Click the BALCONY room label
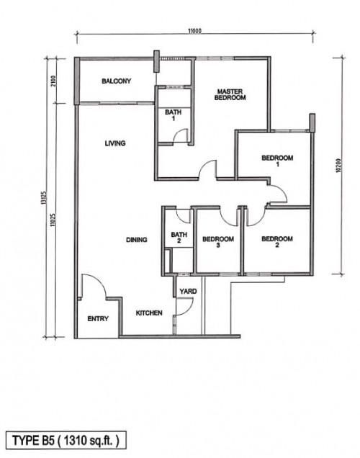click(116, 81)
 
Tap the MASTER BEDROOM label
click(230, 94)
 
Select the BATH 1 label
click(173, 115)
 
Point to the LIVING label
click(115, 143)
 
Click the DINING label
click(136, 240)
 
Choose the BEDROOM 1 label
click(277, 161)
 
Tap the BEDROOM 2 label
click(277, 242)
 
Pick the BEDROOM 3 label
click(218, 242)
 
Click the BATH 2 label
click(179, 238)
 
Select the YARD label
click(188, 291)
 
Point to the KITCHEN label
click(149, 313)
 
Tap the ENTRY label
click(98, 319)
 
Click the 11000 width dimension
click(194, 31)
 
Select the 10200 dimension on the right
click(338, 166)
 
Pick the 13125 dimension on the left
click(44, 198)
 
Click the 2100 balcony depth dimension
click(53, 81)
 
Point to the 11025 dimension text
click(53, 220)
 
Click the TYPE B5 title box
click(66, 440)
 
